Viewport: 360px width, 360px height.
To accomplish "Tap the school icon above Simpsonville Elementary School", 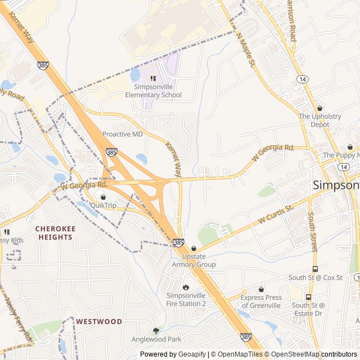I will [x=153, y=78].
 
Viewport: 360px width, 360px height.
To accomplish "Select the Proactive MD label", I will [x=123, y=134].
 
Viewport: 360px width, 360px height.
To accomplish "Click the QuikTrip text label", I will [x=103, y=205].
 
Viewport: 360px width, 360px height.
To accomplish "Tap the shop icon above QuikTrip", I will [x=103, y=197].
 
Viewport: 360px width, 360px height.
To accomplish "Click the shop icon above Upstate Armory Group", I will [x=194, y=248].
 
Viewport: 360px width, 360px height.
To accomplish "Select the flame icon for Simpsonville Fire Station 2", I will [x=186, y=286].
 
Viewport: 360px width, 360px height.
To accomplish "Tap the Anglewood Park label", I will [x=156, y=339].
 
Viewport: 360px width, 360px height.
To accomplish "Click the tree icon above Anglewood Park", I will [x=156, y=331].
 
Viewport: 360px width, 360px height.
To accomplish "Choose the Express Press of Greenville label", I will [x=260, y=301].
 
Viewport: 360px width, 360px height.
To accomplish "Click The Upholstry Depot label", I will [x=319, y=120].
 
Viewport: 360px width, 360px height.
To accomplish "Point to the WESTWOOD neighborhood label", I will [x=99, y=322].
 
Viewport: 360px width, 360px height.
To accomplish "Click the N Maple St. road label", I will [x=246, y=50].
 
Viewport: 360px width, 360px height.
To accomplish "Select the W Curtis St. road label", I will [x=276, y=216].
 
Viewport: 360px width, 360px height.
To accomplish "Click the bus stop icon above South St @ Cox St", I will [x=315, y=269].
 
